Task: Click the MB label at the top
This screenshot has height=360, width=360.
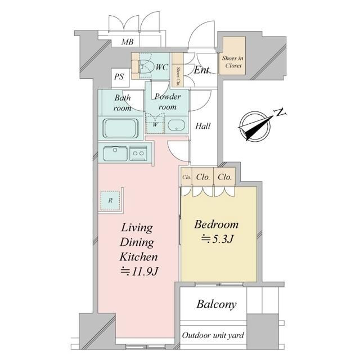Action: pyautogui.click(x=128, y=42)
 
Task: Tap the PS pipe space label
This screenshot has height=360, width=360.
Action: pyautogui.click(x=119, y=76)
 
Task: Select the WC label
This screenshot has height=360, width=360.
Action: pyautogui.click(x=162, y=67)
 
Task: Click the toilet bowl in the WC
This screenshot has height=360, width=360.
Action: pyautogui.click(x=146, y=66)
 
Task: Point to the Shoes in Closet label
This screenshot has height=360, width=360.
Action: pyautogui.click(x=232, y=62)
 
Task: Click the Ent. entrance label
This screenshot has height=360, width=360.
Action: pyautogui.click(x=202, y=70)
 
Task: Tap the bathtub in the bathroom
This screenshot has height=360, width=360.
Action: pyautogui.click(x=121, y=128)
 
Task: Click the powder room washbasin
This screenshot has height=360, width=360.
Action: pyautogui.click(x=176, y=125)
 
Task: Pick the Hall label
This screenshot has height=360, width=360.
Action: pyautogui.click(x=203, y=126)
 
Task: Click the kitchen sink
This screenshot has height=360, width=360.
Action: pyautogui.click(x=115, y=154)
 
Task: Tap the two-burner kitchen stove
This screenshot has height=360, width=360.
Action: pyautogui.click(x=138, y=153)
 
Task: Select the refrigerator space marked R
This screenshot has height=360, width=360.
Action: pyautogui.click(x=110, y=200)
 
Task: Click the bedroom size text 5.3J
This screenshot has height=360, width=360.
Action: pyautogui.click(x=218, y=239)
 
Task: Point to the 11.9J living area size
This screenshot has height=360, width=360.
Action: pyautogui.click(x=139, y=272)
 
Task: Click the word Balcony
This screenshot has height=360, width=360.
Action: pyautogui.click(x=217, y=305)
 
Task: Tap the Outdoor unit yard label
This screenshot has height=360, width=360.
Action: pyautogui.click(x=213, y=335)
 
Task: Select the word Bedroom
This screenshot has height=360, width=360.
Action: pyautogui.click(x=216, y=224)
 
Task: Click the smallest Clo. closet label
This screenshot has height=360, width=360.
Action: pyautogui.click(x=187, y=177)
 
